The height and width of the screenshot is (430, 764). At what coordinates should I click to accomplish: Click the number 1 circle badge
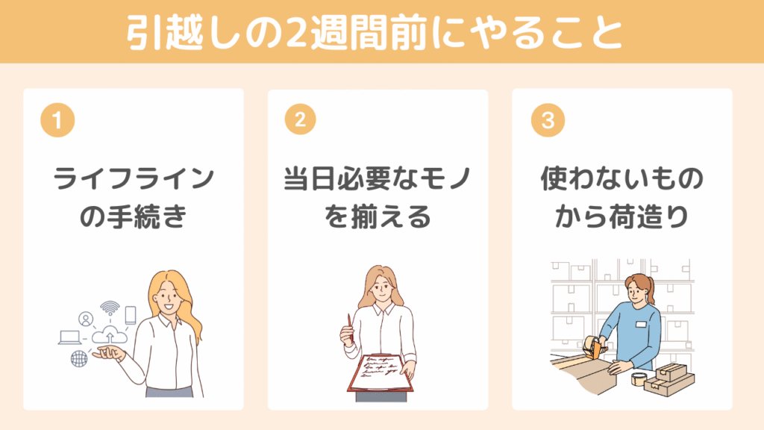pos(57,120)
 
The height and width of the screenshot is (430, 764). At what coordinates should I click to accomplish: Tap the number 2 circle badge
pos(300,119)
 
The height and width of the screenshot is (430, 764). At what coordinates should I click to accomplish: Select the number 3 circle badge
pos(548,120)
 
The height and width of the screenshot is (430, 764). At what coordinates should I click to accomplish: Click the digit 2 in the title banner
pos(295,33)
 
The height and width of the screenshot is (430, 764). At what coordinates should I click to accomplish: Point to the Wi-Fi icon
pos(110,308)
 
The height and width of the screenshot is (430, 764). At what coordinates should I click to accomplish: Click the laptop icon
pos(69,337)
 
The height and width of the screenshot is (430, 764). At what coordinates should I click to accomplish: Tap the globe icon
pos(79,359)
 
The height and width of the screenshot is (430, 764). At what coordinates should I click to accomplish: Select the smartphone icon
pos(130,315)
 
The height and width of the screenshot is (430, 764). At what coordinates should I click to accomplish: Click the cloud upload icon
pos(109,335)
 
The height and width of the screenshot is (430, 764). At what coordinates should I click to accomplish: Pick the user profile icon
pos(86,320)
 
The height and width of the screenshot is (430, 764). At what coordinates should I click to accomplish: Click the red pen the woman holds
pos(350,325)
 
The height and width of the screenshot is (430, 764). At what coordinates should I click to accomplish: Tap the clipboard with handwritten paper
pos(380,373)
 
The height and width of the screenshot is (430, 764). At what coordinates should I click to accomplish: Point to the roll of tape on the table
pos(639,378)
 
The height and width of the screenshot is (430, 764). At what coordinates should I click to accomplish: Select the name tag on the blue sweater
pos(641,324)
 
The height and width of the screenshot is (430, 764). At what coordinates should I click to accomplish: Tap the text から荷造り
pos(621,216)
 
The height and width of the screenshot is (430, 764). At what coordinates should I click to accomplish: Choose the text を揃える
pos(378,216)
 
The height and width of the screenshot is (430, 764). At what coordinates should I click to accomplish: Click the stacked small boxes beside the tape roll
pos(669,378)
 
